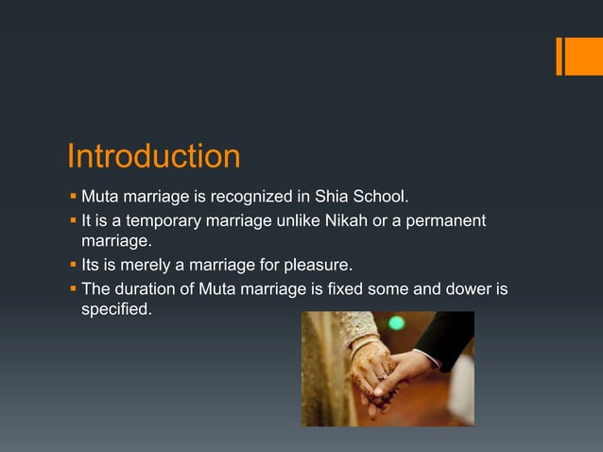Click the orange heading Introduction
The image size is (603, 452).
click(x=153, y=156)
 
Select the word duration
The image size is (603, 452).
click(x=143, y=288)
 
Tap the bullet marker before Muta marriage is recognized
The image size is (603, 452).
click(x=73, y=198)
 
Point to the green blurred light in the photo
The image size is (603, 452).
click(x=396, y=323)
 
